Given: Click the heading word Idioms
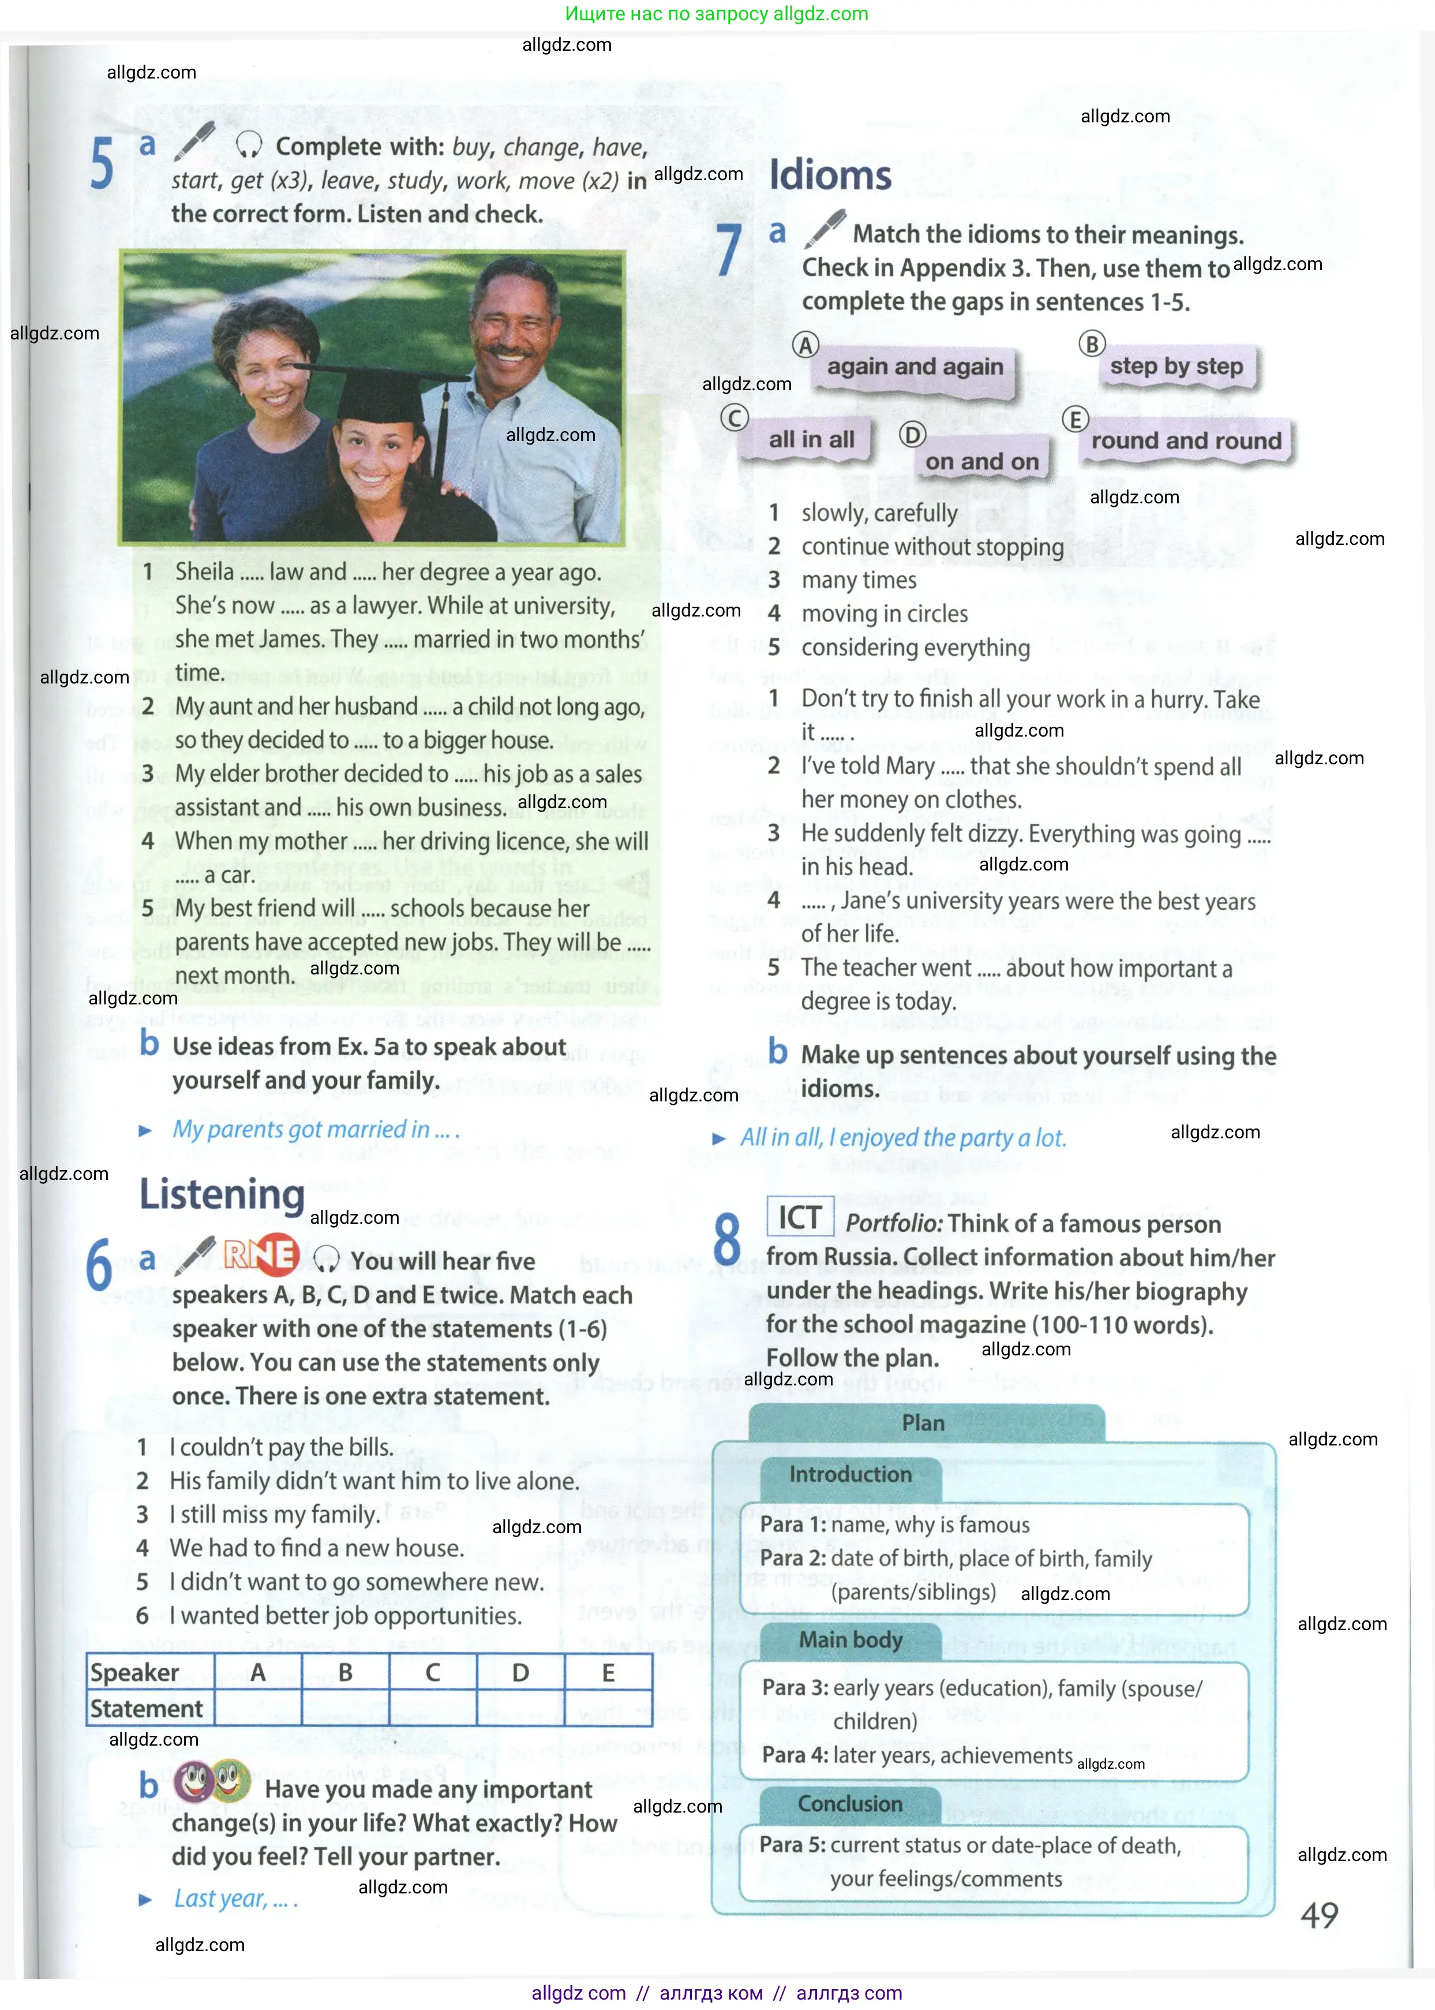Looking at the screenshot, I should (x=830, y=175).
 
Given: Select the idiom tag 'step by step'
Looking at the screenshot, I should (x=1176, y=366).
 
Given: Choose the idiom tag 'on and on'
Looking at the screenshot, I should (x=981, y=461).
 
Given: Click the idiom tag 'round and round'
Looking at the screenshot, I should (x=1186, y=440).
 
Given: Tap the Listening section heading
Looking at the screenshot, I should (x=222, y=1194).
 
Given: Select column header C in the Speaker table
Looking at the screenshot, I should (x=432, y=1672).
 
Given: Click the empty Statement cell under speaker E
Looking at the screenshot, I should (x=608, y=1708).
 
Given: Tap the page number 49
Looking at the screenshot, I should (x=1319, y=1915).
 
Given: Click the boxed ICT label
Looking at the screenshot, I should (x=800, y=1217).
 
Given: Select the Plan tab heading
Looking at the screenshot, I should (x=923, y=1423).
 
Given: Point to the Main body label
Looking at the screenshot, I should (x=850, y=1639).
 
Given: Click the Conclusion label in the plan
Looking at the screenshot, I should (x=850, y=1803).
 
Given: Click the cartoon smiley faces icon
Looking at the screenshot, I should (x=212, y=1780).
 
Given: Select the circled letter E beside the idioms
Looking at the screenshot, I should (x=1074, y=419).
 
